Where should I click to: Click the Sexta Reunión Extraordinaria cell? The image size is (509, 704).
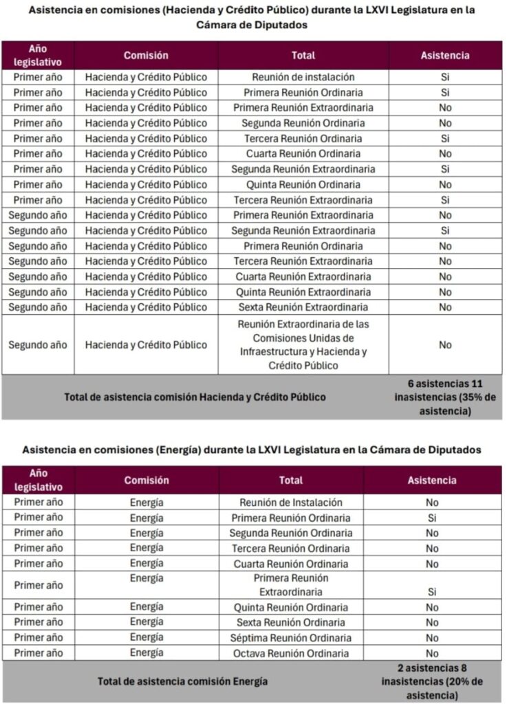pyautogui.click(x=303, y=307)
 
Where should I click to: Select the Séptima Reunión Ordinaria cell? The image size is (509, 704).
pyautogui.click(x=291, y=638)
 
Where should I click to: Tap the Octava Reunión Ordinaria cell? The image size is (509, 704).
pyautogui.click(x=291, y=653)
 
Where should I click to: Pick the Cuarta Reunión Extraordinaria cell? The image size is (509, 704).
pyautogui.click(x=303, y=276)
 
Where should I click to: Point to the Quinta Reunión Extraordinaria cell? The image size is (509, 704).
pyautogui.click(x=303, y=292)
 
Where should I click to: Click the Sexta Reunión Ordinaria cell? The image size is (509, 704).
pyautogui.click(x=291, y=622)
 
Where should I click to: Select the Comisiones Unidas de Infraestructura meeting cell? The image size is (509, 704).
pyautogui.click(x=303, y=344)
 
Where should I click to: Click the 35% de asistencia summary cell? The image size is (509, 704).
pyautogui.click(x=445, y=397)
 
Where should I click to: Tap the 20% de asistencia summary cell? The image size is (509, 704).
pyautogui.click(x=431, y=681)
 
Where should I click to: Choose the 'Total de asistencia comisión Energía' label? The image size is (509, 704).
pyautogui.click(x=182, y=681)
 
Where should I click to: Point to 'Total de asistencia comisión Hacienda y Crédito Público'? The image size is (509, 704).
pyautogui.click(x=195, y=397)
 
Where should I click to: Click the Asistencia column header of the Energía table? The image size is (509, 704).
pyautogui.click(x=431, y=481)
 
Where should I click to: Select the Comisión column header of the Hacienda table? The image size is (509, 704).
pyautogui.click(x=146, y=56)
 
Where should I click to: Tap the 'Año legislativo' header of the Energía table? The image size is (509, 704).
pyautogui.click(x=38, y=481)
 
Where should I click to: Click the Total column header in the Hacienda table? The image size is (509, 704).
pyautogui.click(x=303, y=56)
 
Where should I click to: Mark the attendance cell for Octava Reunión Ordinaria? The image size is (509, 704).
pyautogui.click(x=431, y=653)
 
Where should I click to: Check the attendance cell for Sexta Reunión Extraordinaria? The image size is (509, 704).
pyautogui.click(x=445, y=307)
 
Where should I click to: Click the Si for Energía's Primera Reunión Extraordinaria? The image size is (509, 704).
pyautogui.click(x=431, y=591)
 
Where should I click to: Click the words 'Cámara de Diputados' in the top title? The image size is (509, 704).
pyautogui.click(x=252, y=24)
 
